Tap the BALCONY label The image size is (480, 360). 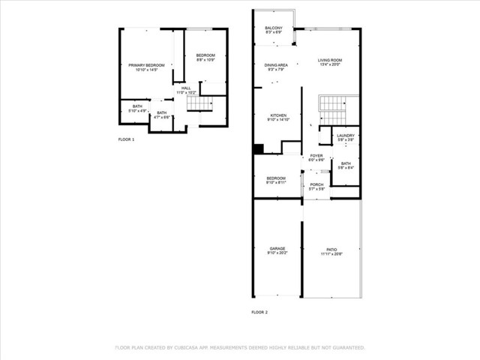point(274,28)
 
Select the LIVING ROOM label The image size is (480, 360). point(329,60)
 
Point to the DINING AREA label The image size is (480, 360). point(276,65)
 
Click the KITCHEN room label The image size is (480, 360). point(277,115)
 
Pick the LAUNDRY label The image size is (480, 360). point(346,136)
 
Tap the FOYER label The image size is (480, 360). point(316,156)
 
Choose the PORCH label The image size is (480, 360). point(316,184)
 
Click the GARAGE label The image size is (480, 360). point(277,248)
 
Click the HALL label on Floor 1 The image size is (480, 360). point(186,88)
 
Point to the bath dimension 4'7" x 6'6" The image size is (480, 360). point(162,118)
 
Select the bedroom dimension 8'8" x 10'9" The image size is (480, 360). point(205,60)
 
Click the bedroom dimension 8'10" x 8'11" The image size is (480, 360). point(276,183)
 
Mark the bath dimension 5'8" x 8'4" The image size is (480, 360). point(346,168)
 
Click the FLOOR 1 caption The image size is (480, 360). point(127,140)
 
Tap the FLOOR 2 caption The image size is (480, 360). point(259,312)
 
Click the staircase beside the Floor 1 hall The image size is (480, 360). point(200,103)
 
